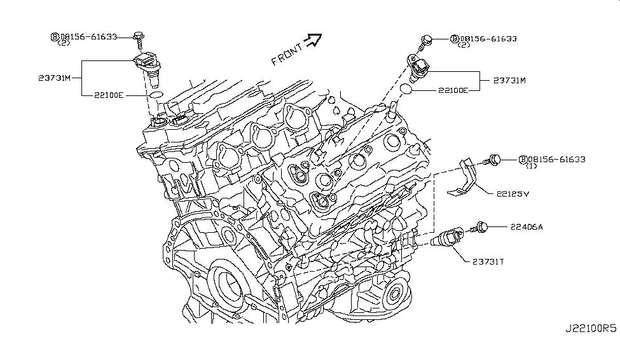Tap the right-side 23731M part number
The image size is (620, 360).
pyautogui.click(x=510, y=81)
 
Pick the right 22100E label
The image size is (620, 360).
pyautogui.click(x=452, y=90)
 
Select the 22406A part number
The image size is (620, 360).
pyautogui.click(x=527, y=226)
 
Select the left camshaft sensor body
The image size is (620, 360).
pyautogui.click(x=149, y=69)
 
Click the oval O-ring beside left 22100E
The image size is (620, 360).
pyautogui.click(x=155, y=96)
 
